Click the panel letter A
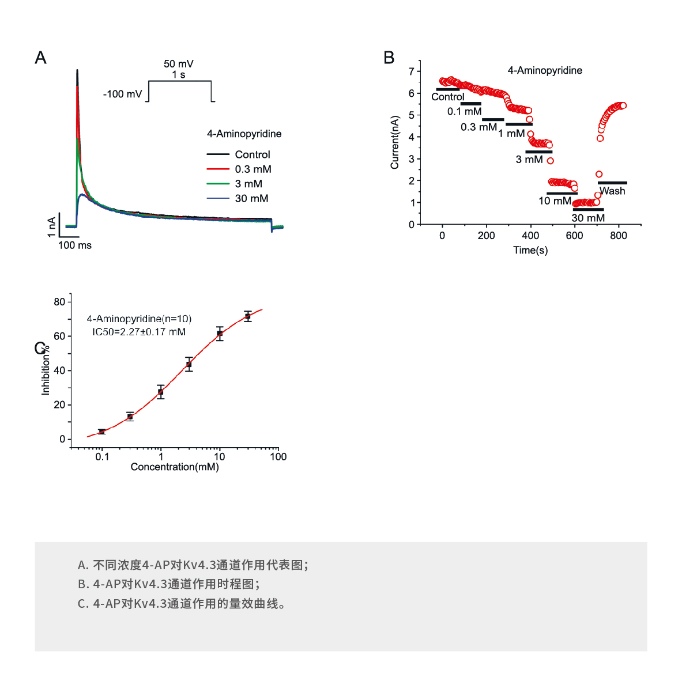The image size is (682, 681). (40, 58)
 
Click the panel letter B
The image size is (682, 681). (389, 58)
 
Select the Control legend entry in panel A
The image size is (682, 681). (252, 154)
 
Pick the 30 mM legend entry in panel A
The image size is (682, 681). (251, 198)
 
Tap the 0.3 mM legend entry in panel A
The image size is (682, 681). (253, 169)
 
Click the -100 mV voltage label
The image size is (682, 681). (122, 94)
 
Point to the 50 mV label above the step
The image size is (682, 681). (178, 64)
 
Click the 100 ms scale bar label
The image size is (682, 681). (75, 245)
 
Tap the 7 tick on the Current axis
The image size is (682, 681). (412, 71)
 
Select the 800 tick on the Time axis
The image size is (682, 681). (619, 236)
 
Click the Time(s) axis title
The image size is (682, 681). (530, 251)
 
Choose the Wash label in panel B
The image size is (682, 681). (612, 191)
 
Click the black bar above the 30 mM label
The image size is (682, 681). (588, 210)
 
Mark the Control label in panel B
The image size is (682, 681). (447, 97)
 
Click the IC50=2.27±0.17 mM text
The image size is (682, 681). (139, 332)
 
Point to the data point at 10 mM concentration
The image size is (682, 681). (220, 334)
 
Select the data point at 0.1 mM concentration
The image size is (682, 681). (102, 432)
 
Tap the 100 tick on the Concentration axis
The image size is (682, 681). (278, 457)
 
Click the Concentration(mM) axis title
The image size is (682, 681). (175, 467)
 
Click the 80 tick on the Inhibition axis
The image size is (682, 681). (59, 302)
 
